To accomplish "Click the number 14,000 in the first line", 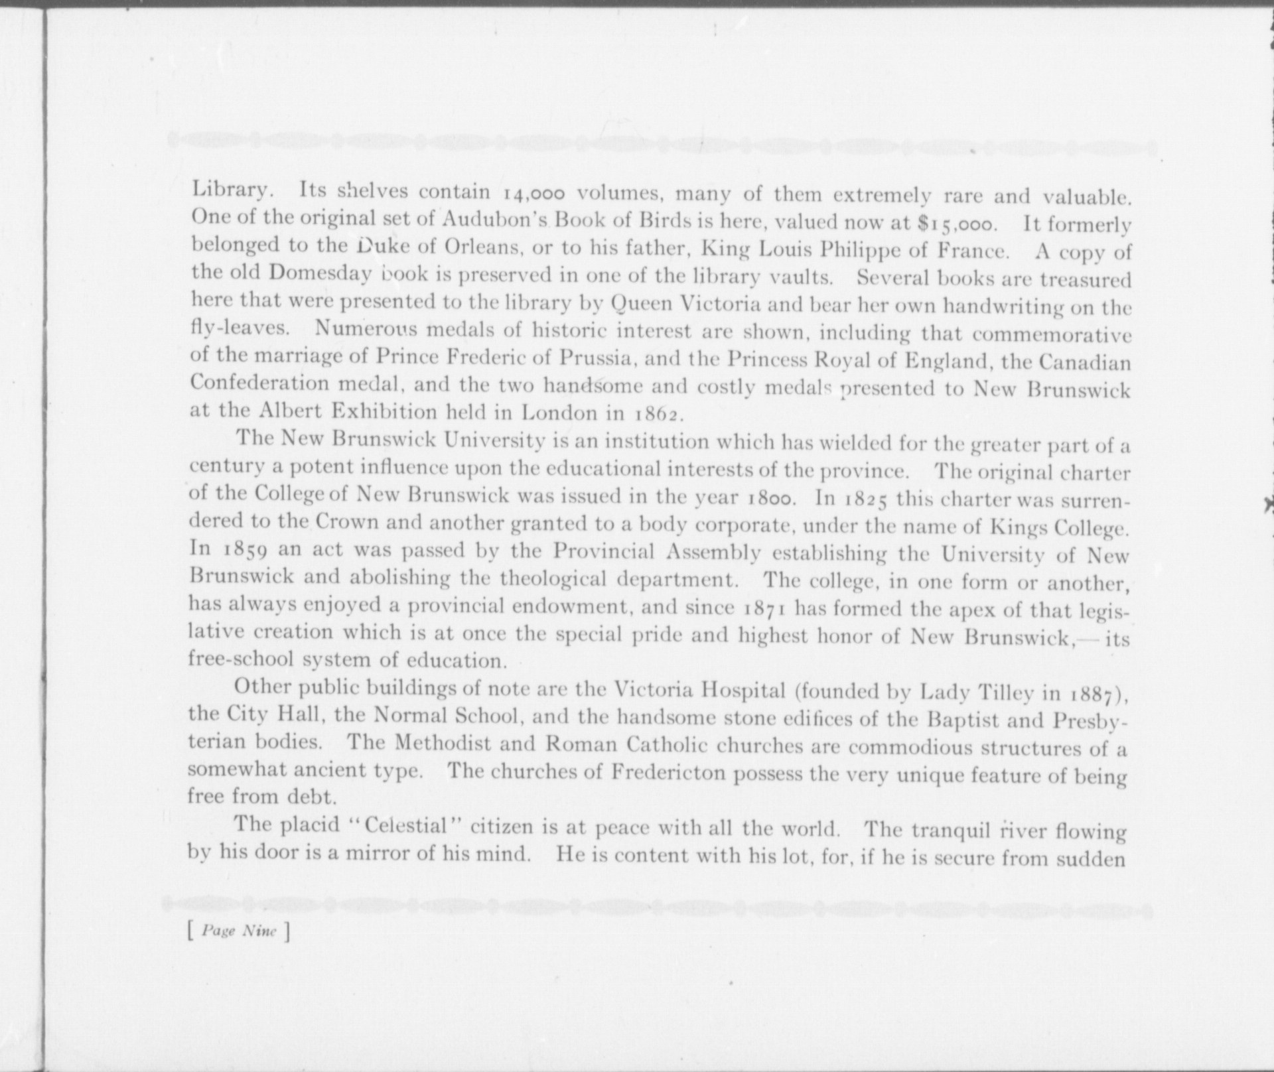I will coord(534,194).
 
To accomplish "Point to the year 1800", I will coord(770,498).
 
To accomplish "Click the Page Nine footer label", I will coord(239,931).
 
